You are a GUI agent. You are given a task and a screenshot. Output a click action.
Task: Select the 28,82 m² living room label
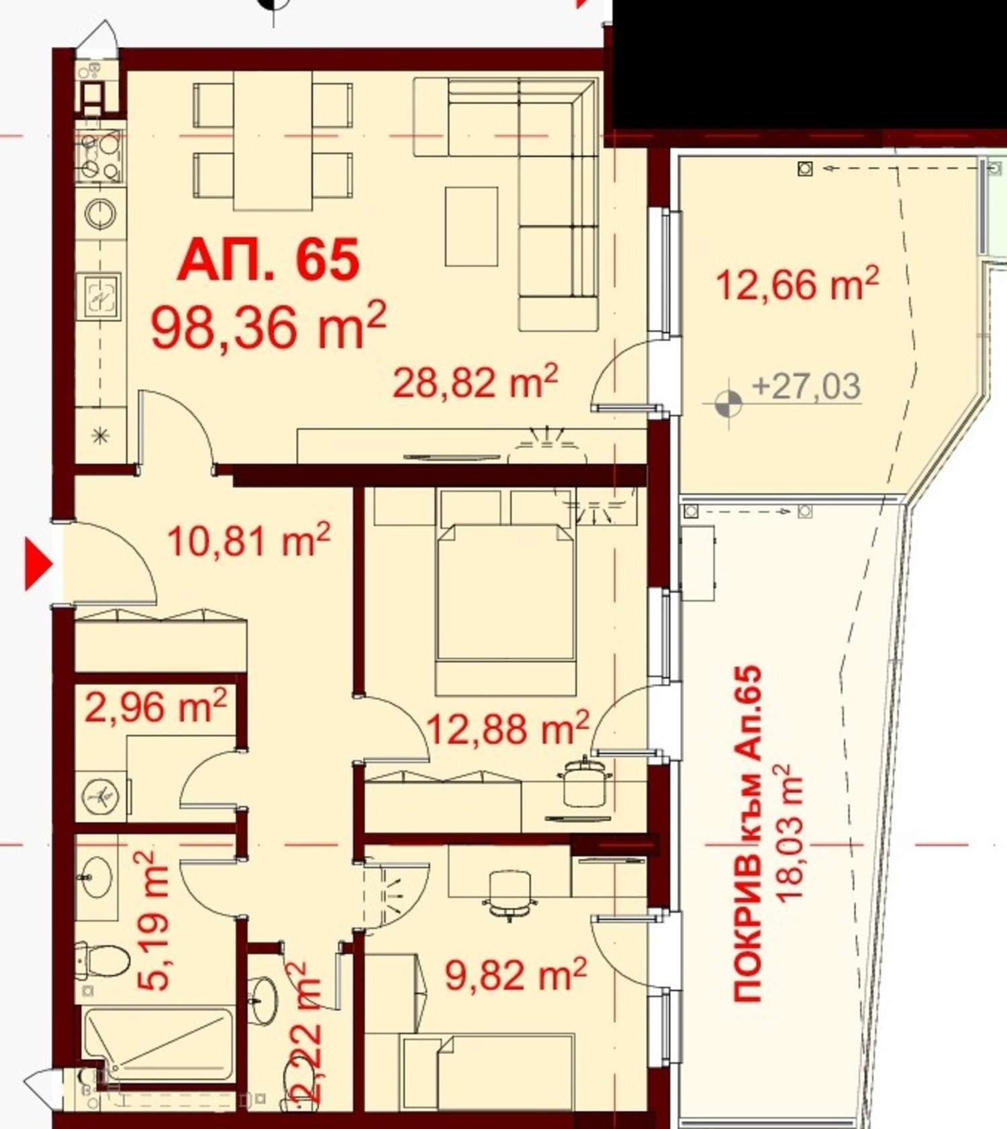coord(475,382)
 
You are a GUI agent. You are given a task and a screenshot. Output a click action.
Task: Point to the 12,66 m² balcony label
coord(797,284)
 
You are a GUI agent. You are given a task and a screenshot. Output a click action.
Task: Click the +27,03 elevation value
coord(806,387)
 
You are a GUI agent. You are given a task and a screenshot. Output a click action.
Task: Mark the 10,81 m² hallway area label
coord(248,541)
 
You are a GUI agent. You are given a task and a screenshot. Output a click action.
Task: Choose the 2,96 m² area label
coord(156,706)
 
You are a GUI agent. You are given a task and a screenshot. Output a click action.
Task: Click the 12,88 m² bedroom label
coord(508,729)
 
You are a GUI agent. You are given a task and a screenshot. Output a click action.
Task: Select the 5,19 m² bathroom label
coord(154,920)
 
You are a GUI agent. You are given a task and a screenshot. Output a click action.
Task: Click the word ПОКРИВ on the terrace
coord(748,928)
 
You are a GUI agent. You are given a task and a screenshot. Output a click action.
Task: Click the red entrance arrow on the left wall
coord(38,565)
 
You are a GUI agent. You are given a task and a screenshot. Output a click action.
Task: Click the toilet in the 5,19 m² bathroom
coord(101,961)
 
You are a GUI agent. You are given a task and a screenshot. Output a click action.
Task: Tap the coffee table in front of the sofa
coord(472,227)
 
